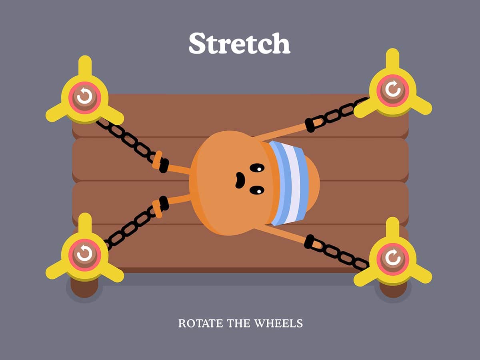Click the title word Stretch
239,43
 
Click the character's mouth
240,180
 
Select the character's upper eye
257,168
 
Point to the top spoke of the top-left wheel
84,66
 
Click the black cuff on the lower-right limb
309,241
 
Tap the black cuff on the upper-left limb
164,165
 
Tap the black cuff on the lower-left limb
164,203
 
